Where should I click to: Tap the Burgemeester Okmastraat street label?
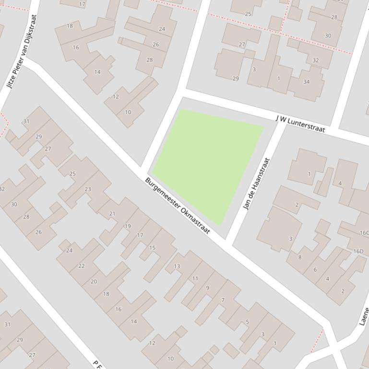[178, 206]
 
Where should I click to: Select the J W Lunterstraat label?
[300, 123]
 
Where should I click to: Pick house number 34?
[306, 81]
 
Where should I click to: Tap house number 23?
[88, 189]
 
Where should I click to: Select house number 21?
[112, 214]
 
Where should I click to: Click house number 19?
[128, 226]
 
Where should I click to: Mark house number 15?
[152, 248]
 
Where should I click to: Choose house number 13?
[177, 266]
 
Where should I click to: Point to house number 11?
[195, 278]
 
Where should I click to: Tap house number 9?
[207, 288]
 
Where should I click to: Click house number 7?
[223, 300]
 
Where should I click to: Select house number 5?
[247, 322]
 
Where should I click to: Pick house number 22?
[81, 266]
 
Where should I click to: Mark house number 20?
[94, 281]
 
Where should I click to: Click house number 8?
[300, 257]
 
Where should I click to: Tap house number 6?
[315, 270]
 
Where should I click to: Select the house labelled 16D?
[358, 251]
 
